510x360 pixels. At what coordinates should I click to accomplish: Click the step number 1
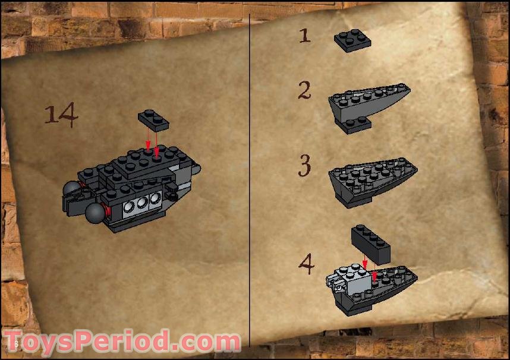click(x=304, y=35)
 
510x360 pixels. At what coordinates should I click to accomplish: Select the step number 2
click(x=304, y=91)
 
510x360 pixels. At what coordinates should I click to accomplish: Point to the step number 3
click(x=304, y=165)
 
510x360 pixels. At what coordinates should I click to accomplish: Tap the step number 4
click(x=306, y=264)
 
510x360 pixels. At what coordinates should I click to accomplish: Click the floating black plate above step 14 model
click(x=153, y=120)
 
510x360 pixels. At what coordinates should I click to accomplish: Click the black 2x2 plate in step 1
click(x=352, y=40)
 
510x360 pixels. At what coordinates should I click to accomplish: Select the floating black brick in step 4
click(x=370, y=243)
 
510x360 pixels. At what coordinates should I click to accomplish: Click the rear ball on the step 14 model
click(x=72, y=190)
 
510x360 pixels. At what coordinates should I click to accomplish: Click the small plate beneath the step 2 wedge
click(x=355, y=124)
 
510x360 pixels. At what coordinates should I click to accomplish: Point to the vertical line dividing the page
click(x=250, y=178)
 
